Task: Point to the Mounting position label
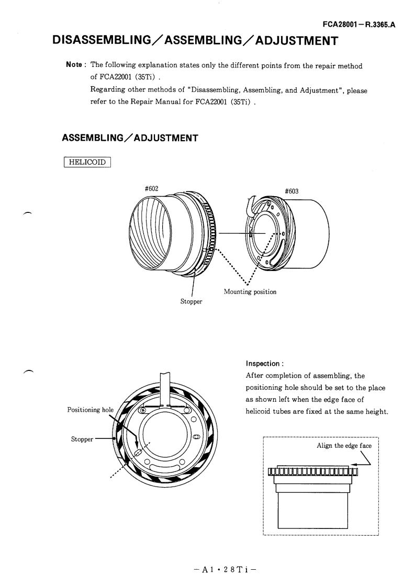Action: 250,292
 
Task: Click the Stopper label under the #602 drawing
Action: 191,301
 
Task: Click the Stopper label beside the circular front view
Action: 82,438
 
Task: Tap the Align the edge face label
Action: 344,446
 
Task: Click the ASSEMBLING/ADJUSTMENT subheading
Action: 130,138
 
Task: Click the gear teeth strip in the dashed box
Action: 312,473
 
